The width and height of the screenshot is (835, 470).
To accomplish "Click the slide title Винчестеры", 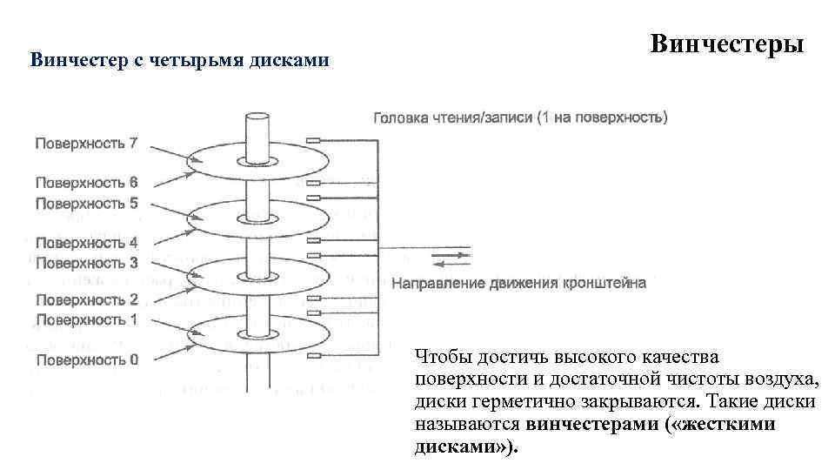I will pos(726,44).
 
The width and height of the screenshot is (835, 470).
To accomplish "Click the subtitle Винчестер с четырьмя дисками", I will pos(180,60).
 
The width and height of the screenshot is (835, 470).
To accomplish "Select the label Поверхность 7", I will pos(85,144).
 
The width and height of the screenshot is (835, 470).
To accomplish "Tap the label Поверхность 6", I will pos(85,183).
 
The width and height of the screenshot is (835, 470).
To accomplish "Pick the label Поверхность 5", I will pos(85,203).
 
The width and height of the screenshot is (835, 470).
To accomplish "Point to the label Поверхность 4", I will pos(85,243).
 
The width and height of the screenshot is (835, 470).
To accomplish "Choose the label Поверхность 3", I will pos(85,262).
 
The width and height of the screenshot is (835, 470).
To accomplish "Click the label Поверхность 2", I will pos(85,300).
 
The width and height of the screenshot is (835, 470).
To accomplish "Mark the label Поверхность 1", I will pos(85,319).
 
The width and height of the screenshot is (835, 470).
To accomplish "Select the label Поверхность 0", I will pos(85,359).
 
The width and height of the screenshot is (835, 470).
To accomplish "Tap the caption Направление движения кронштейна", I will pos(519,283).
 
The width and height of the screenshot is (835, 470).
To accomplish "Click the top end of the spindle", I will pos(258,117).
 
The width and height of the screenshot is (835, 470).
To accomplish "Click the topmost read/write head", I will pos(315,139).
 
